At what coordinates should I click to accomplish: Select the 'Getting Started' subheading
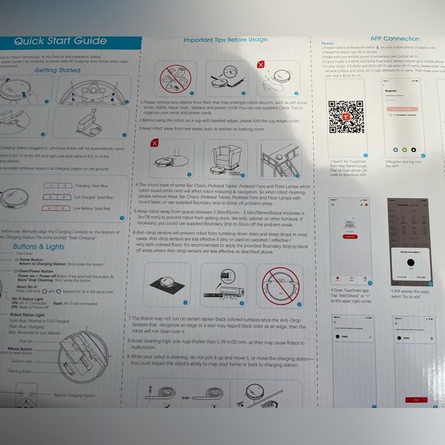pyautogui.click(x=58, y=70)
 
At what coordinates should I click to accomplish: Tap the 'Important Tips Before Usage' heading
pyautogui.click(x=226, y=39)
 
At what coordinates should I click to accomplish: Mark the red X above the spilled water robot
pyautogui.click(x=260, y=65)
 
